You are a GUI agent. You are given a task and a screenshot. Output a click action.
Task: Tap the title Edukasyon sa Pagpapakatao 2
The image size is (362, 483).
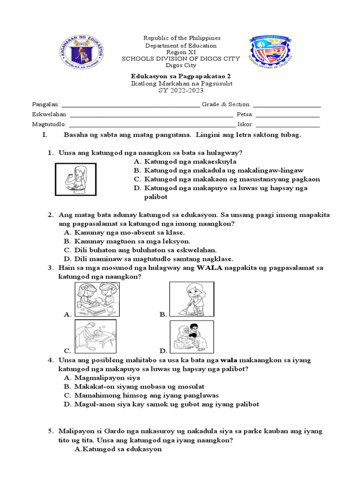point(181,76)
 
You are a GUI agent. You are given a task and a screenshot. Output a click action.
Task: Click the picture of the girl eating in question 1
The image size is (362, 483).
point(75,179)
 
